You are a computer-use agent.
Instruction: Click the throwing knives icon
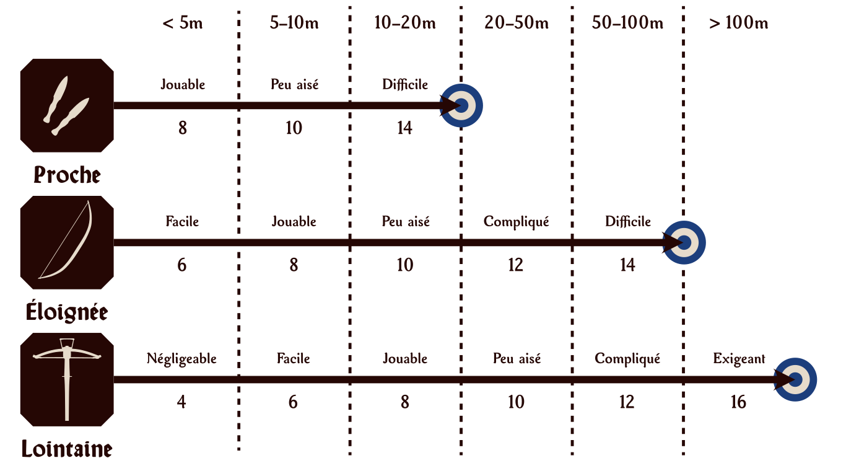tap(67, 105)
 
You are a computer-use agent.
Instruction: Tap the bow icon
tap(67, 242)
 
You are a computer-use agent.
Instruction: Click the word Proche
tap(67, 175)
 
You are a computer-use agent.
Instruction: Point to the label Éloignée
tap(67, 312)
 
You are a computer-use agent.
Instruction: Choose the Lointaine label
tap(67, 449)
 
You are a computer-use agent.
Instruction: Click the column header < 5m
tap(183, 24)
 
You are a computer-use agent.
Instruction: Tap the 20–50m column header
tap(517, 24)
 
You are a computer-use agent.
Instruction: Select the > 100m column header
tap(738, 24)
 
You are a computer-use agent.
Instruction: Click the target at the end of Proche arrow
tap(461, 105)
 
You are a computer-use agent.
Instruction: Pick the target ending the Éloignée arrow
tap(684, 242)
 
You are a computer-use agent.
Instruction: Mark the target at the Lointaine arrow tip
tap(796, 379)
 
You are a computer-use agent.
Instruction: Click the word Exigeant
tap(739, 359)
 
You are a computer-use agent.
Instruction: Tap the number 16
tap(738, 402)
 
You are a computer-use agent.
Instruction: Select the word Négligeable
tap(181, 359)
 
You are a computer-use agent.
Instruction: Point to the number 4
tap(181, 402)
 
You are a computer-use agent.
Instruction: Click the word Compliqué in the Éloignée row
tap(517, 222)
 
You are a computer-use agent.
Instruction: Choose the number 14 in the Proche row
tap(404, 128)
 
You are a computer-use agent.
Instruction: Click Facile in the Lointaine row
tap(294, 359)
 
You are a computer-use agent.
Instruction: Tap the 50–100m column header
tap(627, 24)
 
